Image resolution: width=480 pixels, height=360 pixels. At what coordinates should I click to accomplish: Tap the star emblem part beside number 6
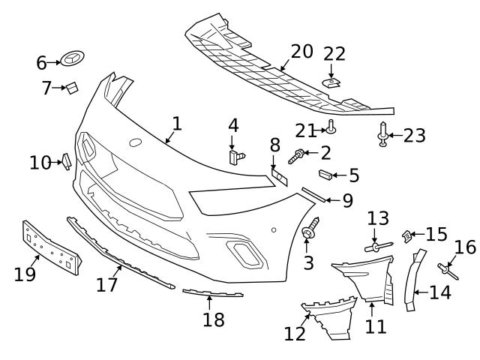tap(74, 59)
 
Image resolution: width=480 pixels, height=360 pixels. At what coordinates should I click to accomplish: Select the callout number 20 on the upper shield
tap(301, 52)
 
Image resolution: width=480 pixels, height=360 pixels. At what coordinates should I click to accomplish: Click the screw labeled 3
tap(309, 232)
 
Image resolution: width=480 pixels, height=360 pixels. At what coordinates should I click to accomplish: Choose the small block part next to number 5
tap(325, 175)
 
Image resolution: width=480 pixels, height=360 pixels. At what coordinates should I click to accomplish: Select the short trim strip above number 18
tap(213, 293)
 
